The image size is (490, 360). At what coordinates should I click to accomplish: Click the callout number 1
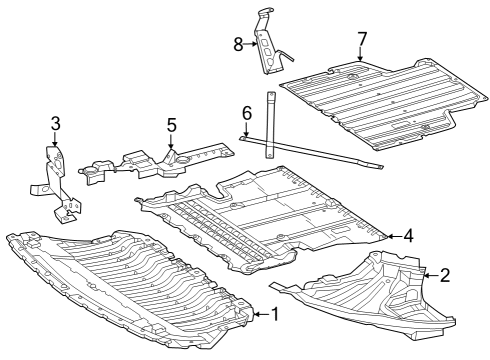point(275,314)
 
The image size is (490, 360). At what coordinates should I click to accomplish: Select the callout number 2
point(445,275)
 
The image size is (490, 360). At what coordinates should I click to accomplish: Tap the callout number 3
point(55,123)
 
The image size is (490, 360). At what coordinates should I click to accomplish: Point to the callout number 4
point(408,236)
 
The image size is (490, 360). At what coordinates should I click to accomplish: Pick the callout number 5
point(171,125)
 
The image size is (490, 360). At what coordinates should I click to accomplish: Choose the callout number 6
point(247,113)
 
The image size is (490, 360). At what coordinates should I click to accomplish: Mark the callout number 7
point(362,39)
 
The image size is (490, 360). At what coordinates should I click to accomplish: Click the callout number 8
point(238,44)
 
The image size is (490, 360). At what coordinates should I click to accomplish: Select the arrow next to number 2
point(431,275)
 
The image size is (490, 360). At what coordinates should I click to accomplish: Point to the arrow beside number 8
point(250,44)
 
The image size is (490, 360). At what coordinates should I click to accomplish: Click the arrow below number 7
point(360,54)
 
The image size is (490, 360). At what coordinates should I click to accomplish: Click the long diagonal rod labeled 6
point(311,152)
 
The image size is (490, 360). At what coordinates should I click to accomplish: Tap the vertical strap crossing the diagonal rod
point(270,125)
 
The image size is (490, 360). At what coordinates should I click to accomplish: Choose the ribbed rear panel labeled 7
point(383,104)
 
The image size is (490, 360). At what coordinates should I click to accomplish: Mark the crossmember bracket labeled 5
point(157,163)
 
